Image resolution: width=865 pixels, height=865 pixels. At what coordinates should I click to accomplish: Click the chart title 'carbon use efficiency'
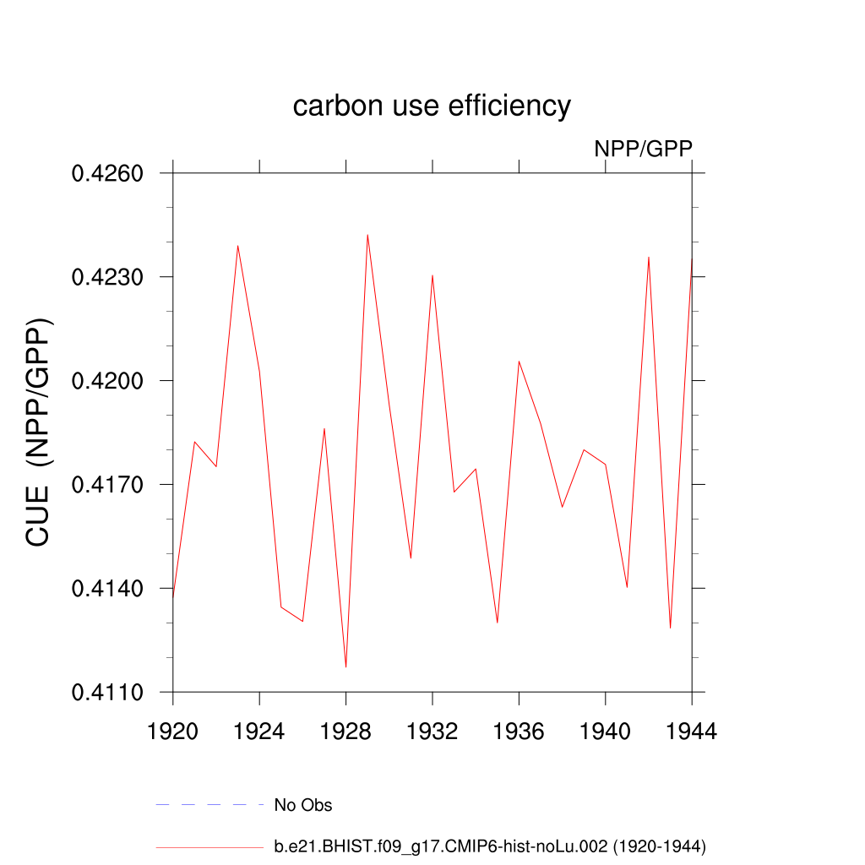click(432, 106)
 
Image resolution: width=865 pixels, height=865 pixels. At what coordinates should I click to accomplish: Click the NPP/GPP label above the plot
click(643, 149)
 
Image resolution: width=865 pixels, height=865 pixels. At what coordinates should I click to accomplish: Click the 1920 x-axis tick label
click(172, 732)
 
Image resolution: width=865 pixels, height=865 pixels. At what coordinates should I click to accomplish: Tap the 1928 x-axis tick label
click(345, 732)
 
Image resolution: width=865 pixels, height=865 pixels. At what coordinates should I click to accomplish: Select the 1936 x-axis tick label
click(519, 732)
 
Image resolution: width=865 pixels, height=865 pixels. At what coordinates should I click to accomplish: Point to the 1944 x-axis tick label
click(692, 732)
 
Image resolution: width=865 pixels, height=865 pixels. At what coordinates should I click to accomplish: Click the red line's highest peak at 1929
click(367, 235)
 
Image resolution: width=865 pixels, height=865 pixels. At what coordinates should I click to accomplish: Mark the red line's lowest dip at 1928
click(345, 667)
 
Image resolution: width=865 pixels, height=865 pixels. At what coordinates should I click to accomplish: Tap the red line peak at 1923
click(237, 246)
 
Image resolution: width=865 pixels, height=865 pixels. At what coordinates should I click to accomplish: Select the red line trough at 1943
click(670, 628)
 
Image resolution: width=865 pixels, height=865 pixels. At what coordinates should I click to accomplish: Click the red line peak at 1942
click(649, 257)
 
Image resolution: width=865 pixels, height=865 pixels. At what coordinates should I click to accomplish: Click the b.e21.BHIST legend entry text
click(490, 846)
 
